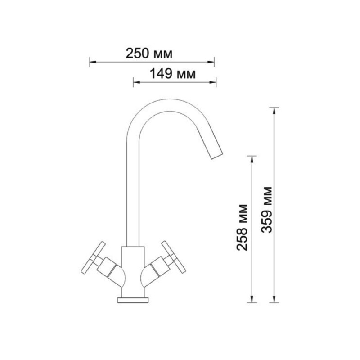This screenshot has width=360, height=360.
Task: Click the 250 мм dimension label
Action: (149, 54)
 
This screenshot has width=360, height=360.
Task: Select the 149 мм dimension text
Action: (172, 74)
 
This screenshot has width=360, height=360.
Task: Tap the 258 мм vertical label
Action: (242, 227)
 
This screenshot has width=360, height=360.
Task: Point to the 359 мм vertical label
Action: (266, 210)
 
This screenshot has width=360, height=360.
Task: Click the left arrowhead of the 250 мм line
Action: (93, 62)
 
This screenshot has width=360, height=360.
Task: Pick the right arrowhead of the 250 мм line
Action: (211, 62)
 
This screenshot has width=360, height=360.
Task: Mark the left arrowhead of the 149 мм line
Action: (137, 82)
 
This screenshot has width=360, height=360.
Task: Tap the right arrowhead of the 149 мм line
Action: (212, 82)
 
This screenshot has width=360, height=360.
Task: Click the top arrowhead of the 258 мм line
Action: (252, 159)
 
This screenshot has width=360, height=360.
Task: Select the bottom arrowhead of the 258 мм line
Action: (252, 299)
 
